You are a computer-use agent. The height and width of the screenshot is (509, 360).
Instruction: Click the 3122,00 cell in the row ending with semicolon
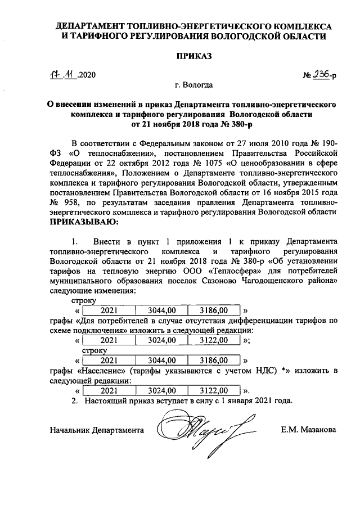[215, 340]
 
